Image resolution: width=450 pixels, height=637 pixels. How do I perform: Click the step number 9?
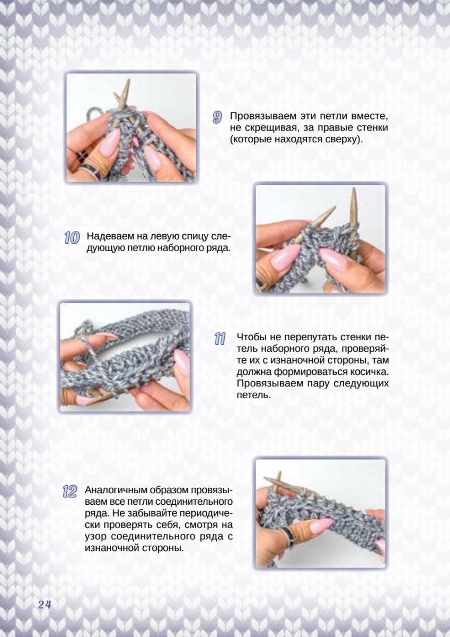pyautogui.click(x=217, y=117)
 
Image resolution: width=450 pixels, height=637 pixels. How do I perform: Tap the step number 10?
pyautogui.click(x=72, y=238)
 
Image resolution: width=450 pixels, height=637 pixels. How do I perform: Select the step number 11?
pyautogui.click(x=220, y=339)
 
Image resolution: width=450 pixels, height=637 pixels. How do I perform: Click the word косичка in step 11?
pyautogui.click(x=361, y=372)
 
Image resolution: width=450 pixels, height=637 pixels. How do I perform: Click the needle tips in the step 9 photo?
pyautogui.click(x=123, y=92)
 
